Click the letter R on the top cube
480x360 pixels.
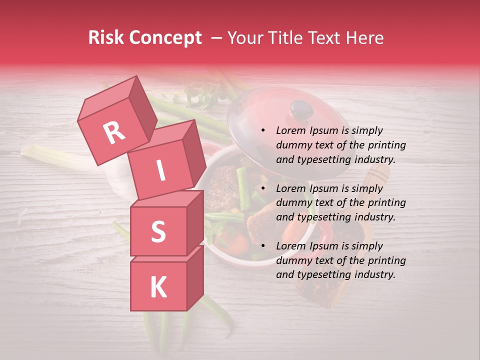114,133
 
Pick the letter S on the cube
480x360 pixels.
158,231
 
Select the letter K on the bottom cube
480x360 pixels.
158,287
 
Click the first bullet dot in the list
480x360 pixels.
263,131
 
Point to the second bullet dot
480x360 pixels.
263,188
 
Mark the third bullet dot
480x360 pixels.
263,246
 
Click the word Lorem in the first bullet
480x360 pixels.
290,131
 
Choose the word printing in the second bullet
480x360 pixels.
387,203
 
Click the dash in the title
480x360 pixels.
217,38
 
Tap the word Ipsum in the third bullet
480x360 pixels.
323,246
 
